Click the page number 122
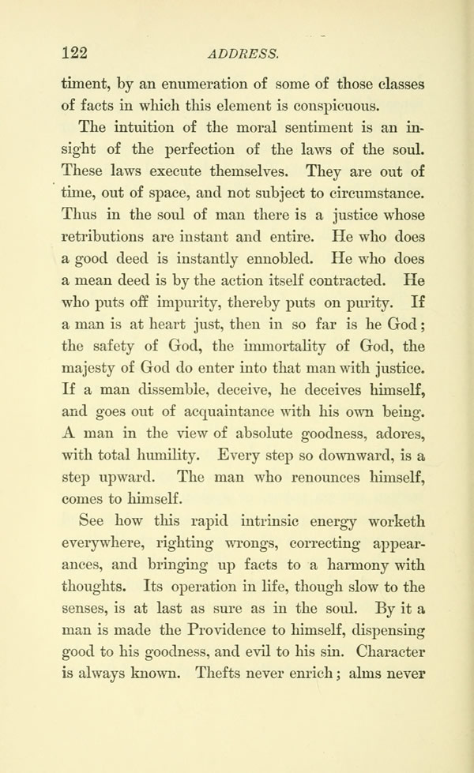pyautogui.click(x=74, y=52)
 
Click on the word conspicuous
pyautogui.click(x=310, y=105)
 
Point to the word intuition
pyautogui.click(x=152, y=126)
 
